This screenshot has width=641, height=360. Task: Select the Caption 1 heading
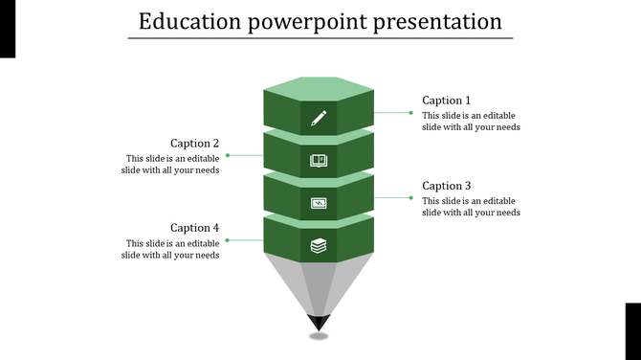pos(447,101)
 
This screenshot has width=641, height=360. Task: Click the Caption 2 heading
pos(195,144)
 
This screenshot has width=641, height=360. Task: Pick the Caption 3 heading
pos(447,186)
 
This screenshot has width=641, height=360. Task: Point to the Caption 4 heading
pos(195,228)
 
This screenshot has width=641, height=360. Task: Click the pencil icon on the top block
pos(319,119)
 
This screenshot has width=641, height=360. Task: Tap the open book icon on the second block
pos(319,161)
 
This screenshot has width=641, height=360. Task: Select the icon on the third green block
pos(319,203)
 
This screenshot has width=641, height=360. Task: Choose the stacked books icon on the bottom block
pos(319,246)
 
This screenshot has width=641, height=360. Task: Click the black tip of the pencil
pos(319,323)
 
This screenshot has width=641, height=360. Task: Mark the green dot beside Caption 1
pos(411,113)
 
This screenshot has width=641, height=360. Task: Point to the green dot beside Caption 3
pos(411,197)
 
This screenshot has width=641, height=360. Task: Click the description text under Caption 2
pos(171,165)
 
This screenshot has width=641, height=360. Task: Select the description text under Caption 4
pos(171,249)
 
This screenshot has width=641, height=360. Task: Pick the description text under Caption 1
pos(471,122)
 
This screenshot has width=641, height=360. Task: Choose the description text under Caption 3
pos(471,207)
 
